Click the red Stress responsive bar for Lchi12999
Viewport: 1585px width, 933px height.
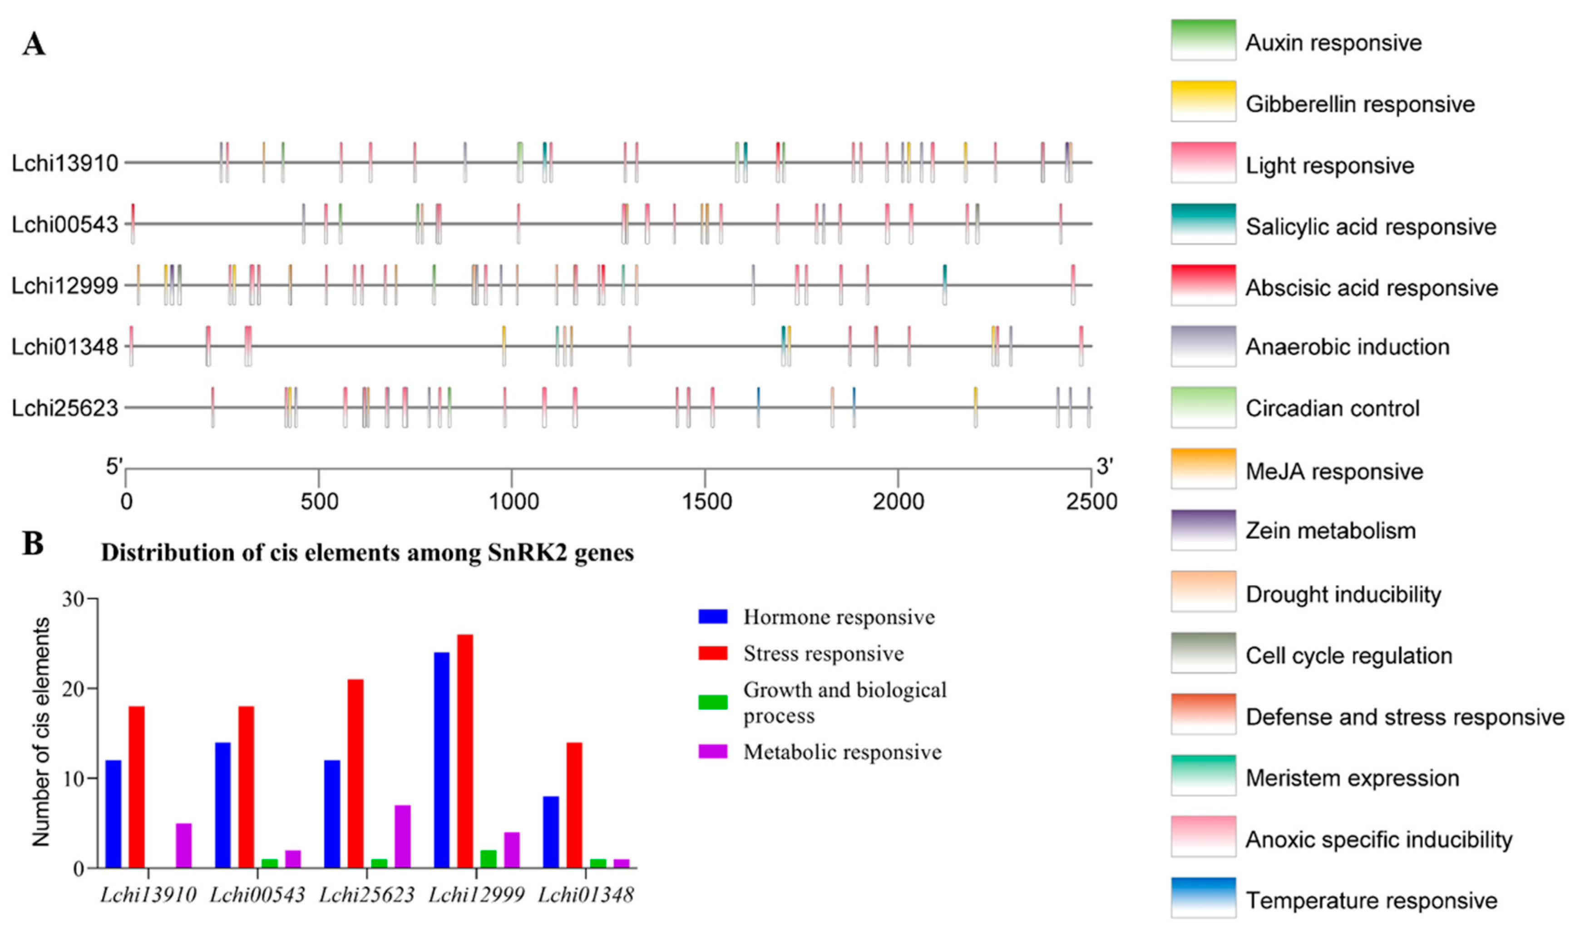pyautogui.click(x=465, y=751)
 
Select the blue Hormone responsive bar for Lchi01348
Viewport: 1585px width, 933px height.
pyautogui.click(x=551, y=832)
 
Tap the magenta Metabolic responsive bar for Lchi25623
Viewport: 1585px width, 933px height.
pyautogui.click(x=403, y=836)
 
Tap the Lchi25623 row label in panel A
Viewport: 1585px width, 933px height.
pyautogui.click(x=65, y=408)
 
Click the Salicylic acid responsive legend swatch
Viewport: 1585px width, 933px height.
pyautogui.click(x=1203, y=223)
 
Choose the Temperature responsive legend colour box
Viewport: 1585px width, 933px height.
pyautogui.click(x=1203, y=897)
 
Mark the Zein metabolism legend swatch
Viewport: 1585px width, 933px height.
pyautogui.click(x=1203, y=529)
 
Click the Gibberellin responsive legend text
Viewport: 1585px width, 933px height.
pyautogui.click(x=1359, y=104)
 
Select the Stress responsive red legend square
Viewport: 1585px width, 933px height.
pyautogui.click(x=713, y=653)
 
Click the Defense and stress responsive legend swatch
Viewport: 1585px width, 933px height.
pyautogui.click(x=1203, y=713)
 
